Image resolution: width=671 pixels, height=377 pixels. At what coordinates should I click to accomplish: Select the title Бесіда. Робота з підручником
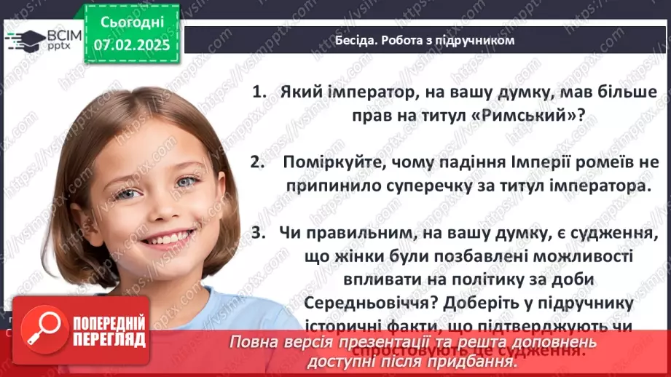pos(424,40)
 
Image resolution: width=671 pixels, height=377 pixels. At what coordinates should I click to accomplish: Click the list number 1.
pos(259,92)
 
